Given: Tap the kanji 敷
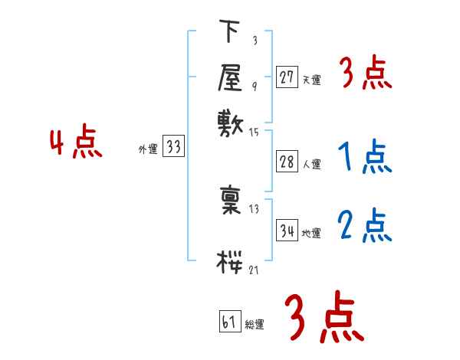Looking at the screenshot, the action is click(231, 122).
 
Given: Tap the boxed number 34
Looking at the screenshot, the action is click(287, 230).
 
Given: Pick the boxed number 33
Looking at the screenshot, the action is click(173, 148).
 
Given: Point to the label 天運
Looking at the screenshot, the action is click(311, 80).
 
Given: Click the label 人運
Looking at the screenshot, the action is click(311, 163).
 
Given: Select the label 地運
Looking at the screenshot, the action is click(311, 234).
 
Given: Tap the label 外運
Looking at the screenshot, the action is click(148, 150).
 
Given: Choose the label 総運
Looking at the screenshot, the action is click(254, 325).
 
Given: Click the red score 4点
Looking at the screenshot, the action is click(76, 144).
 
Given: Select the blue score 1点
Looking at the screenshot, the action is click(364, 158).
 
